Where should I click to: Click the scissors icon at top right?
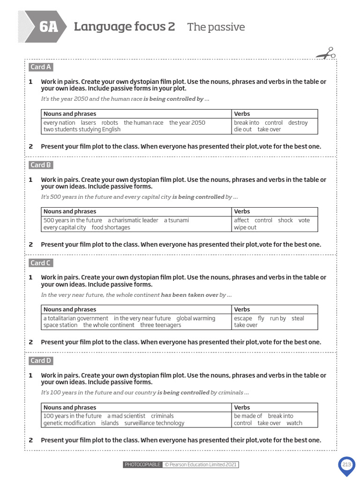point(326,53)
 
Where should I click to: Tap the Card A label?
point(41,67)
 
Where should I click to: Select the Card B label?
point(41,165)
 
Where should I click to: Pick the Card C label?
point(41,263)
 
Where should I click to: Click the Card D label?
point(41,360)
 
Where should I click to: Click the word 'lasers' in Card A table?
point(88,123)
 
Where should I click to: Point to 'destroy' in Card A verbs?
point(298,123)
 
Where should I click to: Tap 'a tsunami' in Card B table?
point(176,220)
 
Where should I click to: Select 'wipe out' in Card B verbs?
point(245,227)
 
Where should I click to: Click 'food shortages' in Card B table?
point(111,227)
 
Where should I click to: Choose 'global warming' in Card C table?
point(196,318)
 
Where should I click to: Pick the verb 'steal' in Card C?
point(298,318)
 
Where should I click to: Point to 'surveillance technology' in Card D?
point(154,423)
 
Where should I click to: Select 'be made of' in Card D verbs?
point(248,416)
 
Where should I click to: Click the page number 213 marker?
point(346,465)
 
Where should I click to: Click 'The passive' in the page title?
point(216,27)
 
